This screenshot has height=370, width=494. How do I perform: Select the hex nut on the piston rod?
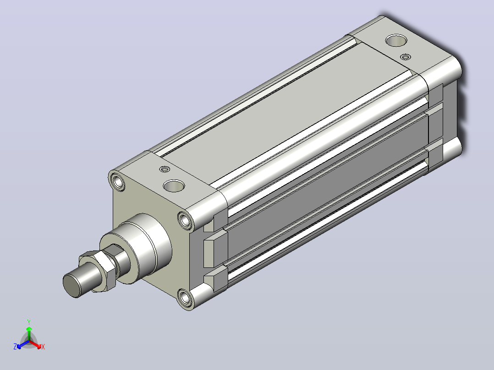point(98,271)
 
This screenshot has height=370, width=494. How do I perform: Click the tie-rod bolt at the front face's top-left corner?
point(118,181)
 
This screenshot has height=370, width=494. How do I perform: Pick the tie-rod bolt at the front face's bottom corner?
point(185,298)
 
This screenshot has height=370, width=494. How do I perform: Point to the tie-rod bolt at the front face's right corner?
point(185,220)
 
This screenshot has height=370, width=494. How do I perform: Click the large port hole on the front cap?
point(174,186)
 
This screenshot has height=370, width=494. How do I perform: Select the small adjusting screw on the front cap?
point(165,169)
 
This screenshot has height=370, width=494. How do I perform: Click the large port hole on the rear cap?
point(396,40)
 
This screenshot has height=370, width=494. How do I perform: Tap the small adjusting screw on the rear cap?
point(406,57)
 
